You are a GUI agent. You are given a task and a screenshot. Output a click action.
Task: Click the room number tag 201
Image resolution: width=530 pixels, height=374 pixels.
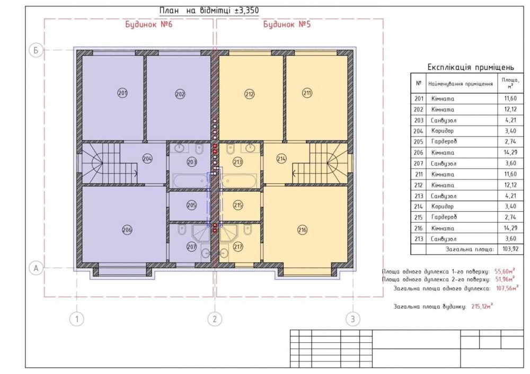(x=122, y=93)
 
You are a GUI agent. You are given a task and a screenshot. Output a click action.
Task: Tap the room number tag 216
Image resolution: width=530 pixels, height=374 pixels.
(x=302, y=230)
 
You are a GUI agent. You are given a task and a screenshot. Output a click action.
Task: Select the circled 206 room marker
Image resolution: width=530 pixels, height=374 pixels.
(x=127, y=230)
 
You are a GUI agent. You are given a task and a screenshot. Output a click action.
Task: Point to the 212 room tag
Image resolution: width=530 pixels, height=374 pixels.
(x=249, y=94)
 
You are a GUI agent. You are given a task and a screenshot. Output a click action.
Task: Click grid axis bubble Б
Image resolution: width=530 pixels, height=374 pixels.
(x=36, y=50)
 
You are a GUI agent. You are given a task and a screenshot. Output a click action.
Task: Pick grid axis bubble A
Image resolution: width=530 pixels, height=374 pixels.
(x=36, y=268)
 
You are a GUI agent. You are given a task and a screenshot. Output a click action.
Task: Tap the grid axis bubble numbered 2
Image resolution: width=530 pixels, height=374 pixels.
(x=215, y=318)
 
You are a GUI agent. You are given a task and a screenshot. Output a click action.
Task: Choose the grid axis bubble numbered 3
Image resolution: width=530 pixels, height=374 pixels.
(x=353, y=318)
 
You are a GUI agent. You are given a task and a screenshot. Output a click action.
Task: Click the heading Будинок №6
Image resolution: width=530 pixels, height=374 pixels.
(x=149, y=25)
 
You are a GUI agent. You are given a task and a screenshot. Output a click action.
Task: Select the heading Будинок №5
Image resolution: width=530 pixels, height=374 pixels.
(x=287, y=25)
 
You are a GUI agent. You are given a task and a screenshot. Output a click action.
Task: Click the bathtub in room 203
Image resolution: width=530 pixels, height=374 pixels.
(x=190, y=181)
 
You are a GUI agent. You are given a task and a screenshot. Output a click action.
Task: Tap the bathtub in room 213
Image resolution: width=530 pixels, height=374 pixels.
(x=240, y=181)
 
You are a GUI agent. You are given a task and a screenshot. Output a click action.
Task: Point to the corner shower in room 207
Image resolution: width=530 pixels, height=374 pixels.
(x=200, y=234)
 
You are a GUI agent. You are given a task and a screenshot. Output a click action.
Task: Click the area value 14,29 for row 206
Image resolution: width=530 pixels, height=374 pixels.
(x=510, y=153)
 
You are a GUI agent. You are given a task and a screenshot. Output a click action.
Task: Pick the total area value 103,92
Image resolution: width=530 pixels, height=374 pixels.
(x=510, y=250)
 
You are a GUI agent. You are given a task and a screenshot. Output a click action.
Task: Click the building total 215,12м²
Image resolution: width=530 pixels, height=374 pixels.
(x=482, y=306)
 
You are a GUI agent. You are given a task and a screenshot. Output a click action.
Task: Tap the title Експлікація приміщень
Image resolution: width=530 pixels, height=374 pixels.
(x=471, y=67)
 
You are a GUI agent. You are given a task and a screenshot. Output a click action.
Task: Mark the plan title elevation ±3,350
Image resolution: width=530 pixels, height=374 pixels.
(x=247, y=11)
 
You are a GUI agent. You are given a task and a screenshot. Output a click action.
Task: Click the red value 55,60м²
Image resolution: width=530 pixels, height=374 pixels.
(x=505, y=271)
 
